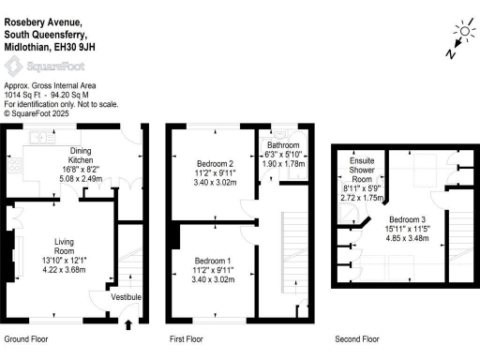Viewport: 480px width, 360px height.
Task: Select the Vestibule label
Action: [126, 297]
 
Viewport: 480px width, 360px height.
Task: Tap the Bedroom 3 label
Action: [413, 218]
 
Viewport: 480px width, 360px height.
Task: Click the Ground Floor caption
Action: [26, 338]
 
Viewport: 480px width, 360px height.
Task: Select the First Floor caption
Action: [187, 338]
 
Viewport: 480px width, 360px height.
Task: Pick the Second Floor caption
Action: [356, 338]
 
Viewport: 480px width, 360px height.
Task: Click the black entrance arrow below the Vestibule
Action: [128, 324]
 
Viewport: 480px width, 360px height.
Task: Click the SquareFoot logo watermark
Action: [37, 66]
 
